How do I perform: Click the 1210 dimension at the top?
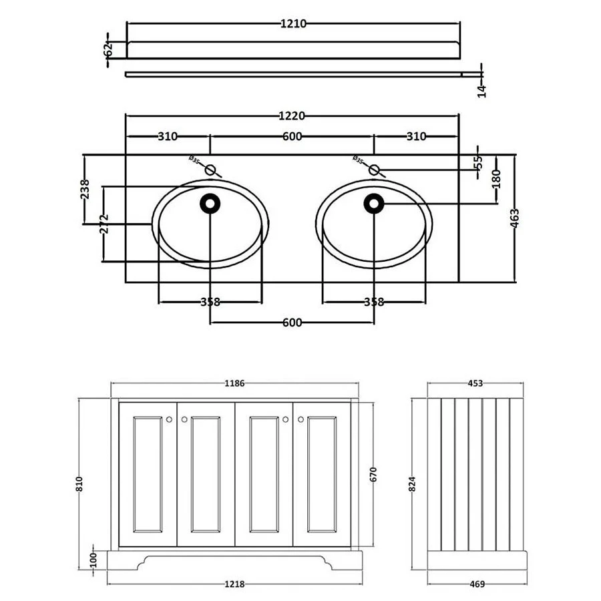point(292,23)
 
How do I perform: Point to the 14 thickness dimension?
point(481,90)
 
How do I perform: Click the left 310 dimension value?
point(168,137)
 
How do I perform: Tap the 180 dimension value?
point(496,178)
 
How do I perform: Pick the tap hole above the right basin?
point(374,170)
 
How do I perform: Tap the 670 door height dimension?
point(374,475)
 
